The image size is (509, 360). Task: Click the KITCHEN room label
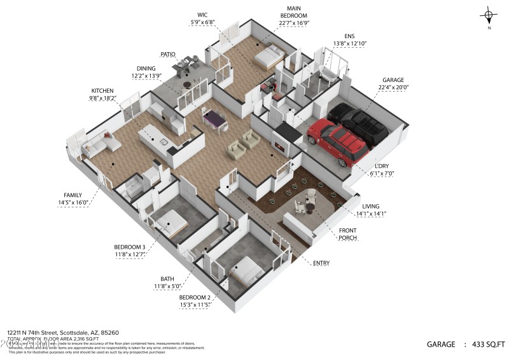pyautogui.click(x=102, y=90)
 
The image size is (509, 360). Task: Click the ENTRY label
pyautogui.click(x=321, y=263)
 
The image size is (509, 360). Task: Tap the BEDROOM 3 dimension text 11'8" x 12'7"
pyautogui.click(x=130, y=254)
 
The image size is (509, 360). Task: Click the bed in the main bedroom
pyautogui.click(x=270, y=58)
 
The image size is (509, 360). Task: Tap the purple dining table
pyautogui.click(x=213, y=118)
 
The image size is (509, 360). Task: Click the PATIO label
pyautogui.click(x=167, y=55)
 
